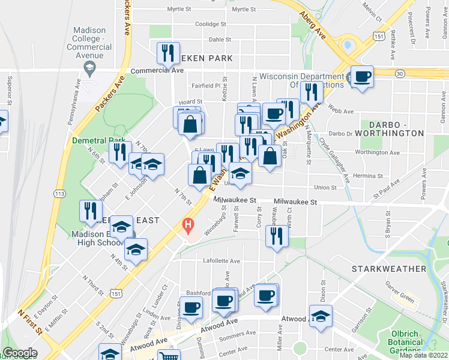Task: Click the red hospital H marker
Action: [x=188, y=227]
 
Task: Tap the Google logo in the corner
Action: [x=20, y=353]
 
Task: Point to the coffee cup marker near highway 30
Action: [x=362, y=77]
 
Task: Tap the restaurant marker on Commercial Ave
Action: [x=168, y=53]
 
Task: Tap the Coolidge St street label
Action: [x=209, y=25]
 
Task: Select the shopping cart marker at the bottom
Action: [x=168, y=356]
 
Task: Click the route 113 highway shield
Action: [x=59, y=194]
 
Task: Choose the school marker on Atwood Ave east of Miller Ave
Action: [x=321, y=316]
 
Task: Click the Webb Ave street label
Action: [x=340, y=111]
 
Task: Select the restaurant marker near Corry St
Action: [x=277, y=235]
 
